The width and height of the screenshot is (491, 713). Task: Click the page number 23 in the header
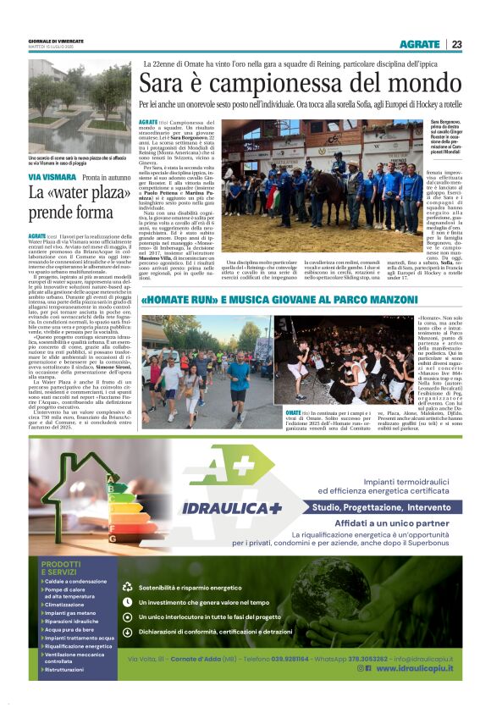tap(456, 44)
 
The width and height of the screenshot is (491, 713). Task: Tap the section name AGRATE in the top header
tap(420, 44)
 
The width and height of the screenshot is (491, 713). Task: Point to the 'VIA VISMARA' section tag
tap(52, 177)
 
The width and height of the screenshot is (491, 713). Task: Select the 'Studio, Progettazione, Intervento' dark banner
tap(380, 507)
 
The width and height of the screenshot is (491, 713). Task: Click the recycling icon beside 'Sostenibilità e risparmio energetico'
tap(128, 586)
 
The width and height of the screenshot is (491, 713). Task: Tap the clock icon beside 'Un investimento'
tap(128, 602)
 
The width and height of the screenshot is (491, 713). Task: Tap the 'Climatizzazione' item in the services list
tap(65, 605)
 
